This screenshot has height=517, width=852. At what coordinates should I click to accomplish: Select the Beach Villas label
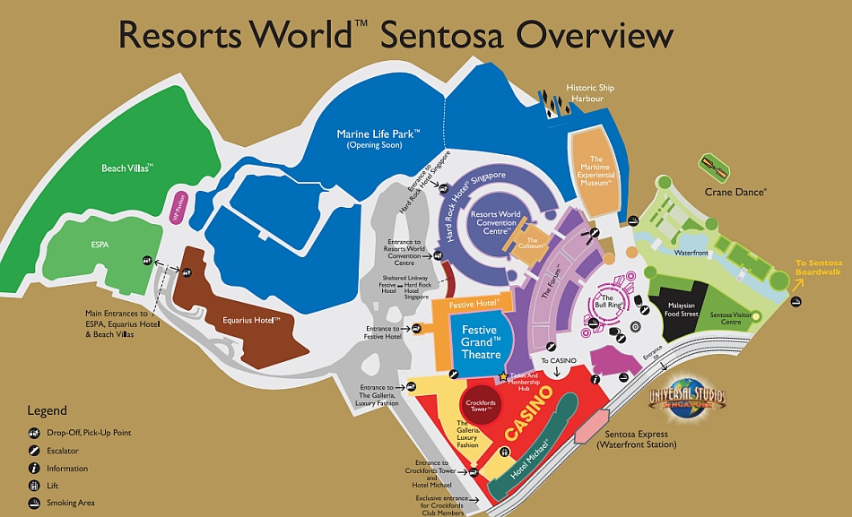[127, 168]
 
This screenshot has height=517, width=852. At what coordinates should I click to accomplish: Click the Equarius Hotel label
[252, 319]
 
